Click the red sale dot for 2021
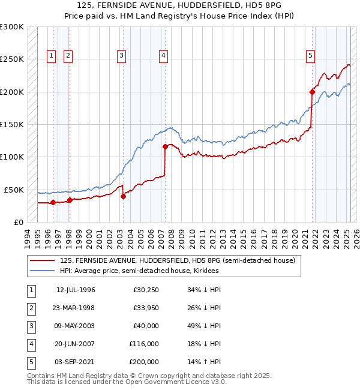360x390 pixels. pyautogui.click(x=313, y=92)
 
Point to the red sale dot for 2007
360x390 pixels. pyautogui.click(x=165, y=146)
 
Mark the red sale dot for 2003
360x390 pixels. pyautogui.click(x=123, y=196)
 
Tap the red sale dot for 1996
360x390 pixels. pyautogui.click(x=53, y=202)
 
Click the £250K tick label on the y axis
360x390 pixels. pyautogui.click(x=12, y=59)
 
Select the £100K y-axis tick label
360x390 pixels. pyautogui.click(x=12, y=157)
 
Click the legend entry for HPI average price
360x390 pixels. pyautogui.click(x=139, y=271)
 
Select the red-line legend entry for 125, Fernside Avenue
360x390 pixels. pyautogui.click(x=177, y=261)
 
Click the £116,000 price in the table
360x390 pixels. pyautogui.click(x=144, y=344)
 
